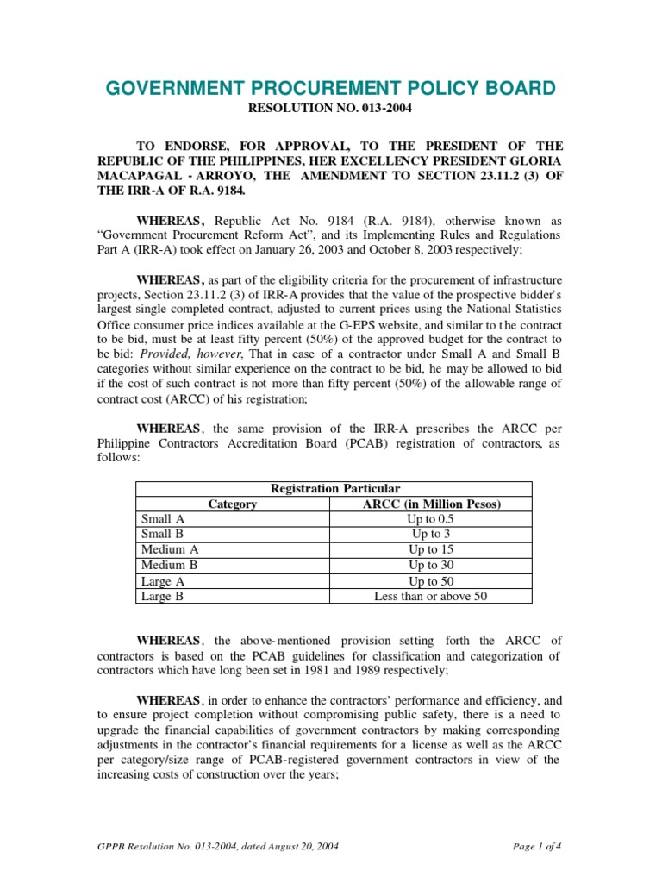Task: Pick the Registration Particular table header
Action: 334,488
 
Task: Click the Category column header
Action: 232,504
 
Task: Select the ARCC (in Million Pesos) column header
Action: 430,504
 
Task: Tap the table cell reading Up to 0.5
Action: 430,519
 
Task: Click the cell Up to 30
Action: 430,565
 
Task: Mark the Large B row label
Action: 162,595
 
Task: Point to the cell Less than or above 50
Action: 430,595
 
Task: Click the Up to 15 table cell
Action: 430,549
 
